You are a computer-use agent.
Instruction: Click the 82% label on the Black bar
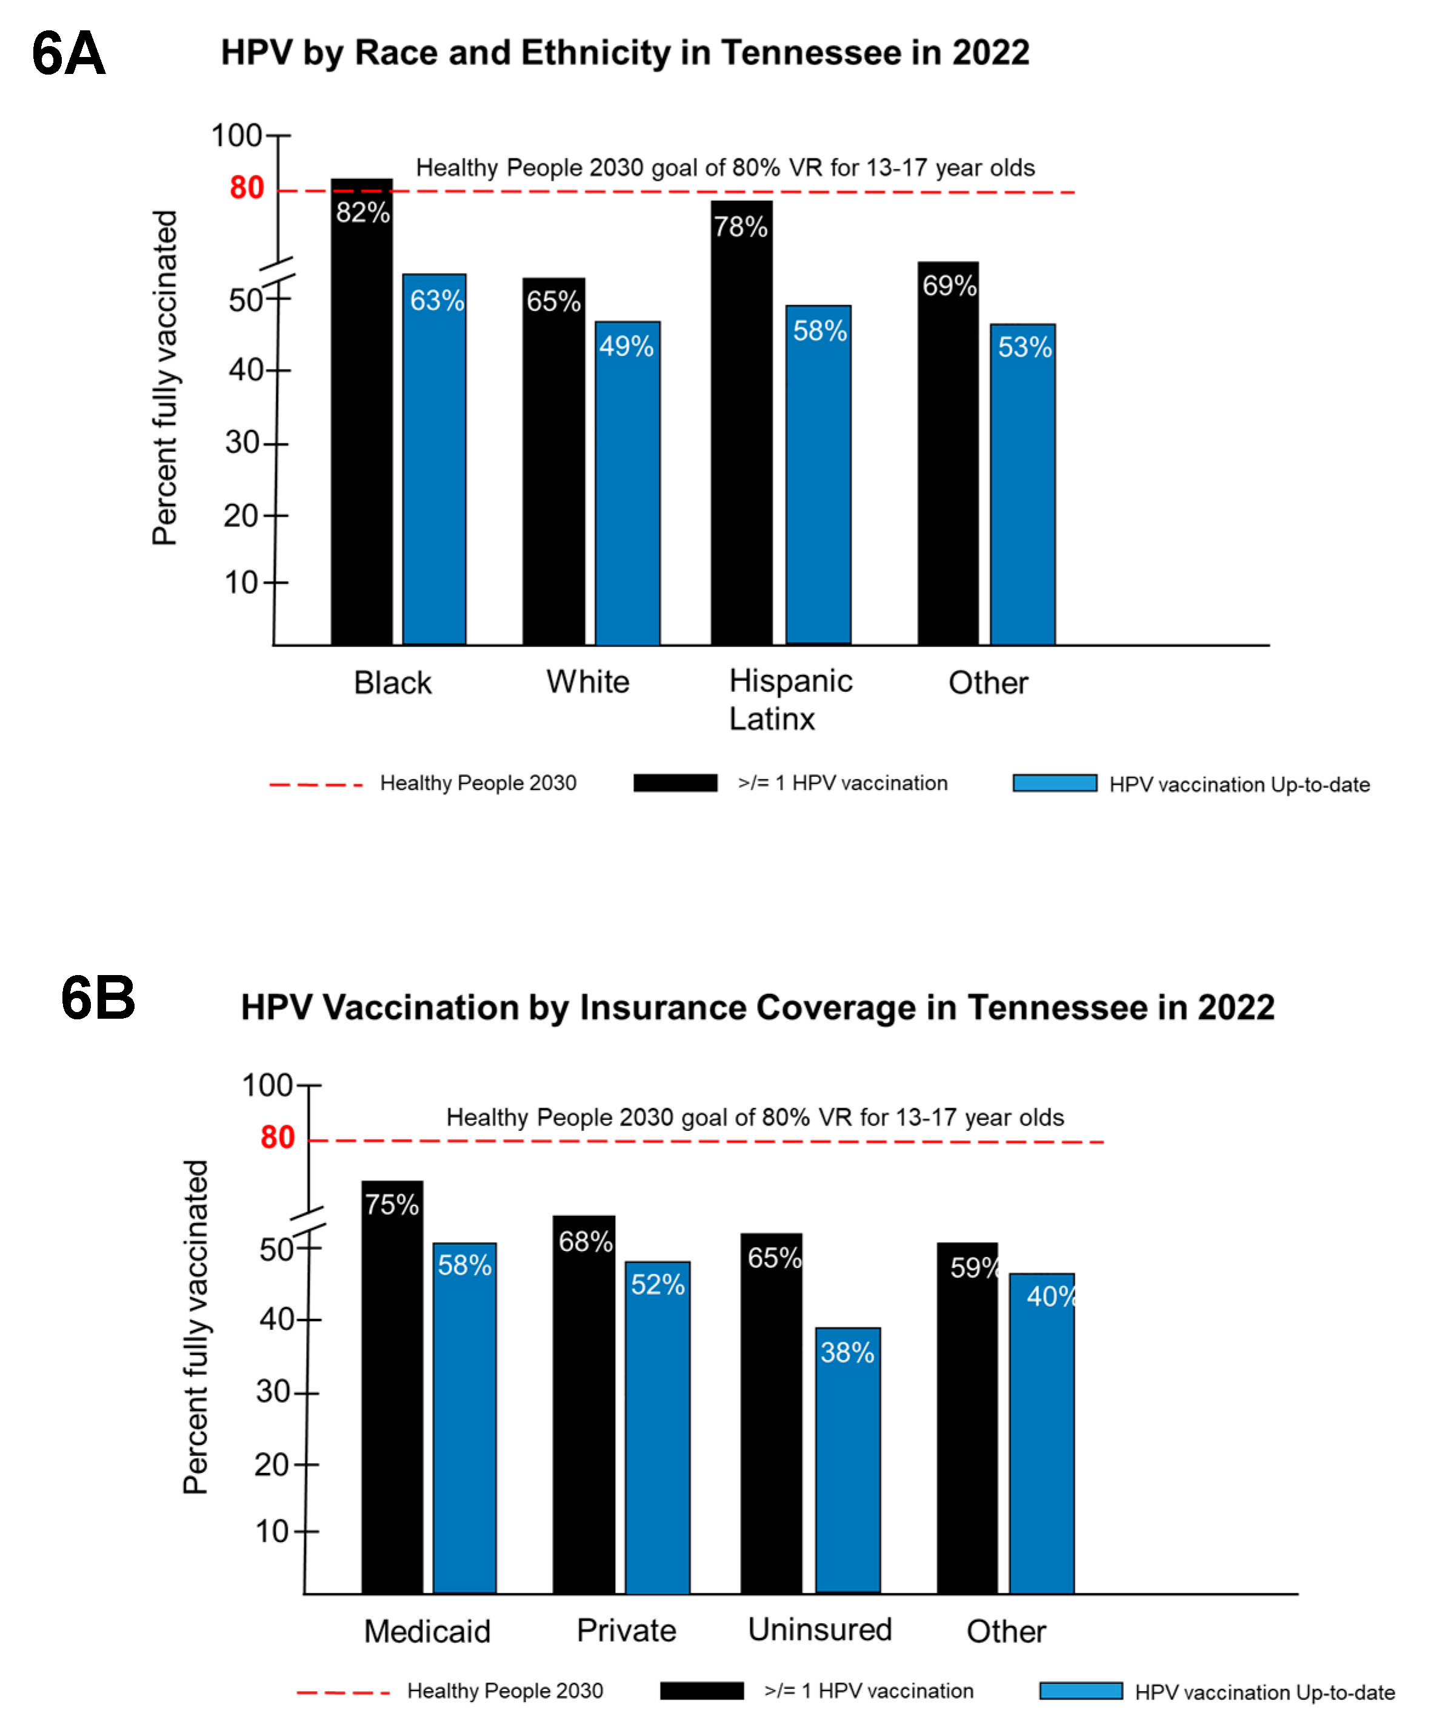coord(362,213)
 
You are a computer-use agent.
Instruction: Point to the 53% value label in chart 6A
coord(1024,347)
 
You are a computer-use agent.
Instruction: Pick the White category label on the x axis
coord(588,682)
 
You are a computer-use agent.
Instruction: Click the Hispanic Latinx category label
coord(790,699)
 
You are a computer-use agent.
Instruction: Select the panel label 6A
coord(68,53)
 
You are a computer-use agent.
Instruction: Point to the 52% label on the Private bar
coord(657,1284)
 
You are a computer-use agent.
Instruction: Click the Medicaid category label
coord(427,1631)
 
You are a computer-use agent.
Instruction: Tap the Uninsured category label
coord(819,1629)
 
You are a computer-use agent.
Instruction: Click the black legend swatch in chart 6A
coord(675,783)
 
